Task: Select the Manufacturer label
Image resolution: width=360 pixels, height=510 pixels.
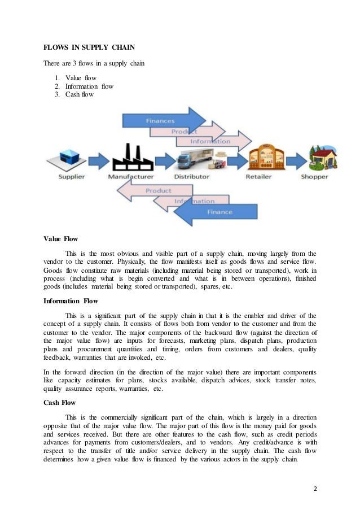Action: click(x=131, y=177)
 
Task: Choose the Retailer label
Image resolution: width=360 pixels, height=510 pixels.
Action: click(x=258, y=177)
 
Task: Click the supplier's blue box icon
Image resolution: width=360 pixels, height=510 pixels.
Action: click(x=69, y=156)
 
